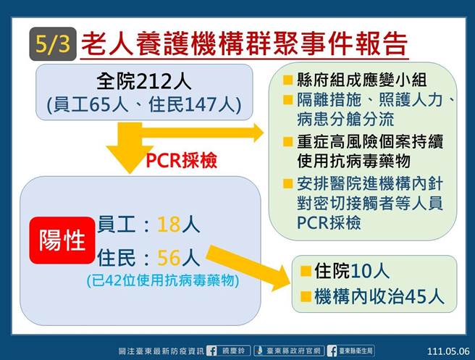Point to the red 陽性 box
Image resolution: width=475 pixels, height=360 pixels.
tap(63, 240)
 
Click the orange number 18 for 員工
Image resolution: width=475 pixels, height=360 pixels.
tap(168, 225)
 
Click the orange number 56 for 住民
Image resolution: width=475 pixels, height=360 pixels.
tap(168, 258)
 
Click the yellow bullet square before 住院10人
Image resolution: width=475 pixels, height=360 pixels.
tap(305, 272)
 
